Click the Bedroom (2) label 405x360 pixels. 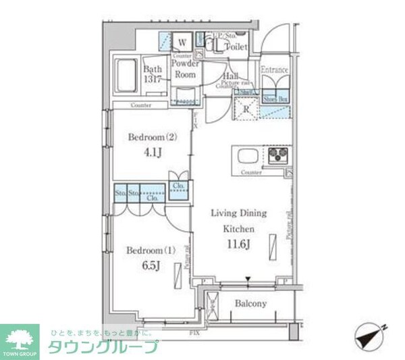point(153,138)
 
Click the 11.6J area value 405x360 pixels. point(240,245)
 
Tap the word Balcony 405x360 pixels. point(250,303)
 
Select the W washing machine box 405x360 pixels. point(182,42)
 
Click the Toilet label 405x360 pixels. point(236,47)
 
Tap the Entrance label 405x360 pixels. point(275,70)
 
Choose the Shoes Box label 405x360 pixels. point(275,99)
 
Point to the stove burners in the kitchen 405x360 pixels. point(277,157)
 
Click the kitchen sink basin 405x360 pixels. point(245,158)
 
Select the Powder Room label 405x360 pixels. point(185,69)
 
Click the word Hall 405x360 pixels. point(230,77)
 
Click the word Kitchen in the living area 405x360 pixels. point(238,228)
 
